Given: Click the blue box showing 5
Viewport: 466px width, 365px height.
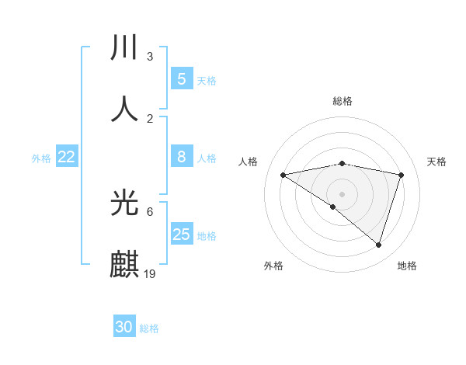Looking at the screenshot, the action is coord(181,78).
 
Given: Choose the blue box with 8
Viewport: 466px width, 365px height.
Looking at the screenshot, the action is coord(181,157).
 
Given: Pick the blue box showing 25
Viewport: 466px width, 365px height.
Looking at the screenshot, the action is coord(181,234).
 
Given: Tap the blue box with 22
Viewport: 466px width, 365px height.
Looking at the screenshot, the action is coord(67,157).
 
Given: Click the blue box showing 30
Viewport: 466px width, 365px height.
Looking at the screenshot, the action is coord(124,327).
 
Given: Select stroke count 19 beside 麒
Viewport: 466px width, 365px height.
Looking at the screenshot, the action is coord(150,273).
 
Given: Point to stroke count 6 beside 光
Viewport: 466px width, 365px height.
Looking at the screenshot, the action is coord(150,211).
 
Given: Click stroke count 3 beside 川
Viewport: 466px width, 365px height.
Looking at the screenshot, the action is coord(150,56).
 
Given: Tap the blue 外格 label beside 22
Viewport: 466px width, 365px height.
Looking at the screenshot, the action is coord(41,158).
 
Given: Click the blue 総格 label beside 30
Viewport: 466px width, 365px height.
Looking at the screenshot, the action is coord(150,328).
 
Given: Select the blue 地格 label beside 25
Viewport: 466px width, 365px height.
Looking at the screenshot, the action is coord(207,235).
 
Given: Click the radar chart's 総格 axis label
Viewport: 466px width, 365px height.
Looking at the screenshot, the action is coord(343,101).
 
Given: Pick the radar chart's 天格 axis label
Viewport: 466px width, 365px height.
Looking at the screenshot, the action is coord(436,162).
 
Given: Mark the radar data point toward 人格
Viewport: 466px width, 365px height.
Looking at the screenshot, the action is coord(283,175).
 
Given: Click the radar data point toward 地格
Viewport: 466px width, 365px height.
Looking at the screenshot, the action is coord(378,245).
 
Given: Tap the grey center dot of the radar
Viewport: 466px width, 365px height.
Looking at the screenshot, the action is coord(343,193).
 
